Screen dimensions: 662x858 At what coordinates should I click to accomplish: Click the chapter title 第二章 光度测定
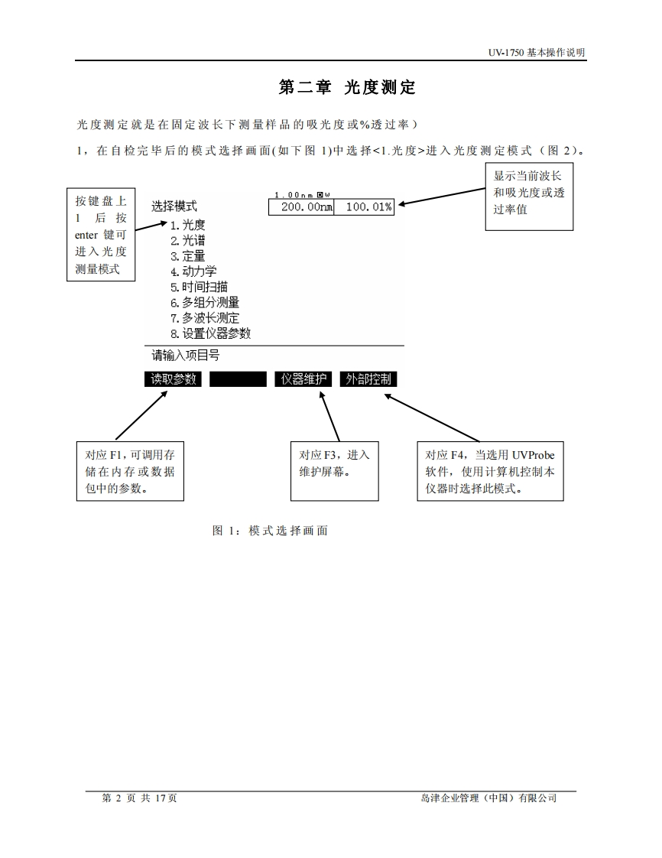pyautogui.click(x=347, y=88)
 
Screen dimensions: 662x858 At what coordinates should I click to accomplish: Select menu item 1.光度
pyautogui.click(x=188, y=225)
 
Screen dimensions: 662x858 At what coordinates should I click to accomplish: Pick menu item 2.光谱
pyautogui.click(x=188, y=240)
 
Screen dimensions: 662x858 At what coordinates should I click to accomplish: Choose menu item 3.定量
pyautogui.click(x=188, y=256)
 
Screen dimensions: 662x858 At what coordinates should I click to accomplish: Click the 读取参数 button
pyautogui.click(x=174, y=379)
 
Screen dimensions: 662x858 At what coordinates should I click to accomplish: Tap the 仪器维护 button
pyautogui.click(x=303, y=379)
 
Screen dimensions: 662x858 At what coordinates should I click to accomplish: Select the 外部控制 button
pyautogui.click(x=368, y=379)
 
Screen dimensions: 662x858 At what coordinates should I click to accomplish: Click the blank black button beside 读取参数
pyautogui.click(x=238, y=379)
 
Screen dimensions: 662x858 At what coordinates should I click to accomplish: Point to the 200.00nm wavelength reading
pyautogui.click(x=301, y=206)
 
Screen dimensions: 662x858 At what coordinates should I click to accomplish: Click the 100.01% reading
pyautogui.click(x=368, y=206)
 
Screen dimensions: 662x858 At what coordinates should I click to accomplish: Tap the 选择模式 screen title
pyautogui.click(x=174, y=206)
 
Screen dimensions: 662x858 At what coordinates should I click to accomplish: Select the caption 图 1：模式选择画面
pyautogui.click(x=270, y=530)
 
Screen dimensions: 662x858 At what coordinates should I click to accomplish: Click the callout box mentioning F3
pyautogui.click(x=334, y=471)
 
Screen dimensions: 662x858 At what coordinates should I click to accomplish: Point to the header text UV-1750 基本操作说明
pyautogui.click(x=537, y=53)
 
